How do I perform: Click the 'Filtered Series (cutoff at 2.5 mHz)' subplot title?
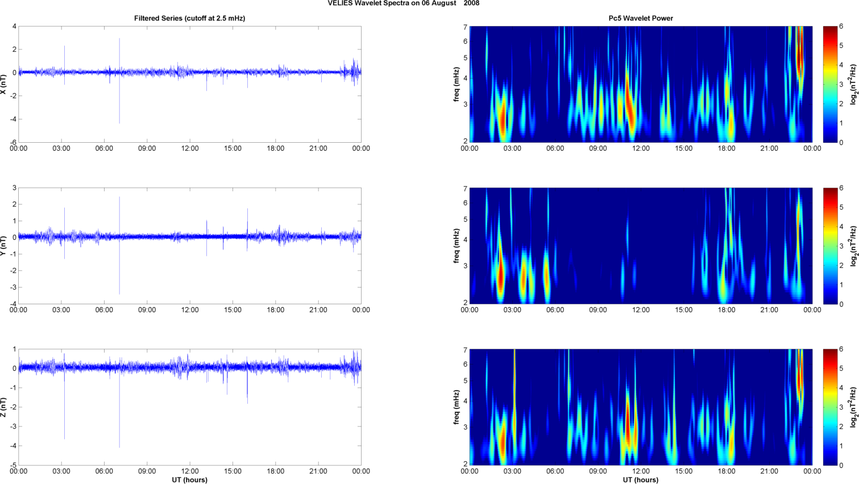pyautogui.click(x=189, y=18)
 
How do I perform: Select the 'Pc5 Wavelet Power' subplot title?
pyautogui.click(x=641, y=18)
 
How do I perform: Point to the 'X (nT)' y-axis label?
pyautogui.click(x=3, y=84)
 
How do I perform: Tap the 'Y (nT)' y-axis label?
pyautogui.click(x=3, y=246)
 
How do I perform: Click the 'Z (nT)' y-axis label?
pyautogui.click(x=3, y=407)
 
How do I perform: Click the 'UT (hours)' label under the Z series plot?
pyautogui.click(x=189, y=480)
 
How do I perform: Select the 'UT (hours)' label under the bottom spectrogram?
pyautogui.click(x=641, y=480)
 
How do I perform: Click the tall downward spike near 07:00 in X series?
pyautogui.click(x=119, y=114)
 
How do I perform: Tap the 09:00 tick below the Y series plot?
pyautogui.click(x=147, y=310)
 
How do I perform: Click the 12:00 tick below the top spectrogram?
pyautogui.click(x=641, y=148)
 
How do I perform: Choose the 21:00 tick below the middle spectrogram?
pyautogui.click(x=769, y=310)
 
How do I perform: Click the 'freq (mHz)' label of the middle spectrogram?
pyautogui.click(x=457, y=246)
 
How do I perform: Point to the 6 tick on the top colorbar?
pyautogui.click(x=841, y=27)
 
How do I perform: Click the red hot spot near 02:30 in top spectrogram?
pyautogui.click(x=503, y=117)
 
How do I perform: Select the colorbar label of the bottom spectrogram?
pyautogui.click(x=853, y=407)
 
